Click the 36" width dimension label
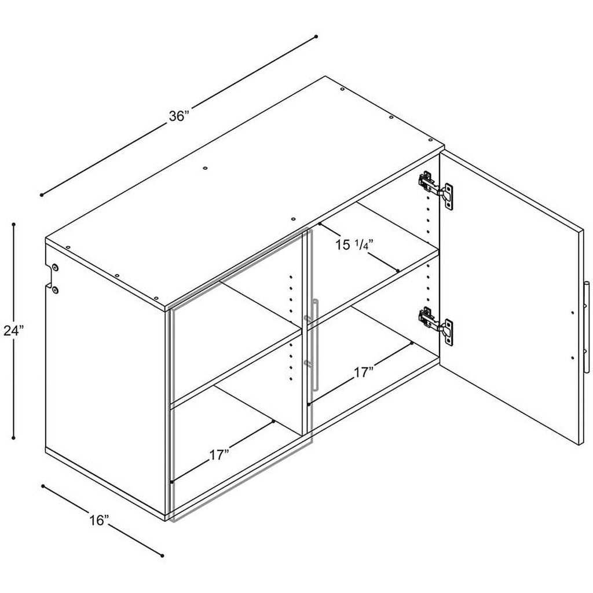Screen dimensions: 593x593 click(x=179, y=116)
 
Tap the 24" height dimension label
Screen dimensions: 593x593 click(x=14, y=331)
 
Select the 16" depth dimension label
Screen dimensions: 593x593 click(x=100, y=521)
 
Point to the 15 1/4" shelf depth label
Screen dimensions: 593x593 click(x=354, y=245)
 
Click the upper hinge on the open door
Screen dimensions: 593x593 click(x=435, y=189)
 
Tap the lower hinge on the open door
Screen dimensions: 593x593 click(x=435, y=326)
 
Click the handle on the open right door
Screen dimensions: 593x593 click(x=586, y=327)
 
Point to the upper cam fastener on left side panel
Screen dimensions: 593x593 click(x=56, y=268)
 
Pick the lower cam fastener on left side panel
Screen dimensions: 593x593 click(x=56, y=290)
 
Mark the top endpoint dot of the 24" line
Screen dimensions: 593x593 click(x=14, y=224)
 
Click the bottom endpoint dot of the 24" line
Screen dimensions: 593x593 click(x=14, y=438)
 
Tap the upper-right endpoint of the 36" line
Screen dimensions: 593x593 click(x=316, y=36)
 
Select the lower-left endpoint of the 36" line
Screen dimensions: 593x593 click(x=42, y=195)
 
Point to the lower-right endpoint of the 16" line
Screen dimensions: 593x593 click(x=163, y=555)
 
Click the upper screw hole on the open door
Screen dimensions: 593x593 click(x=573, y=313)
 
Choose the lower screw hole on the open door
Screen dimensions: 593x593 click(x=573, y=357)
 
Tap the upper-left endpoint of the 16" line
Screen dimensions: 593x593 click(x=43, y=486)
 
